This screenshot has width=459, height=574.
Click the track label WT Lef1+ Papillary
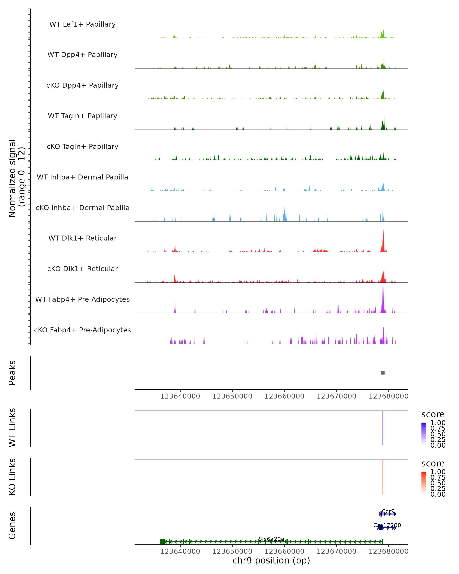point(82,24)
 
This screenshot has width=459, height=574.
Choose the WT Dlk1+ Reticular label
point(82,238)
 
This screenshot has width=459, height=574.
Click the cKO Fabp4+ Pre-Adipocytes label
point(82,330)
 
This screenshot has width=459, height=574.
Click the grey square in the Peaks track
point(383,373)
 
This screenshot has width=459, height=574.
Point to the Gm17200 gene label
point(387,525)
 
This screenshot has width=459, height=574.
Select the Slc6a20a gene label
point(271,539)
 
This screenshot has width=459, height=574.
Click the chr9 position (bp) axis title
point(271,560)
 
